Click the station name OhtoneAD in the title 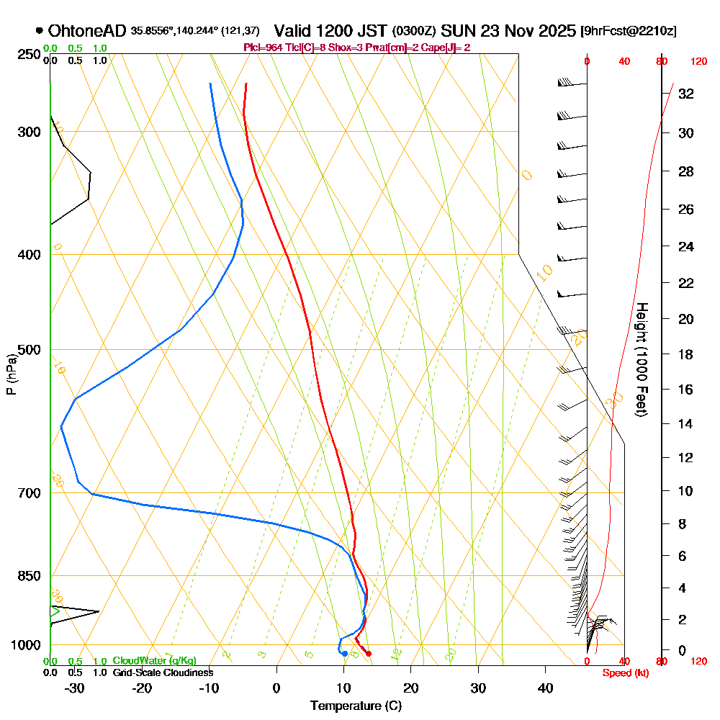point(87,31)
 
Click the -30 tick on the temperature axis point(75,688)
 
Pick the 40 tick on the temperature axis point(545,688)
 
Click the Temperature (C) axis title point(356,706)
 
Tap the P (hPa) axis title point(11,374)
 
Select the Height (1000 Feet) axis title point(641,359)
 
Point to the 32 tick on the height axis point(685,94)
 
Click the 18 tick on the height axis point(685,354)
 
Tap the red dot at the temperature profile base point(369,654)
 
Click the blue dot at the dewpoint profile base point(345,654)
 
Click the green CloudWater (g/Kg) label point(154,661)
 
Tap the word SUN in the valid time point(456,32)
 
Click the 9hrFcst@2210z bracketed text point(628,32)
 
